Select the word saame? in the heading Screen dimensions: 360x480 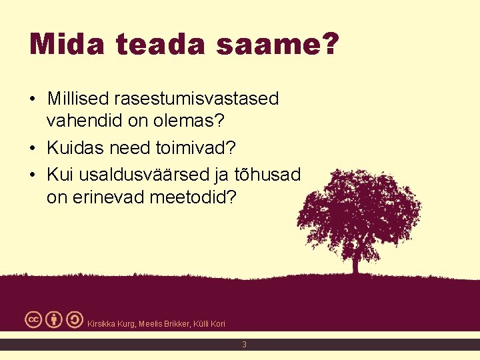[293, 45]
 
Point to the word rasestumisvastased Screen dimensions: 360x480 [197, 99]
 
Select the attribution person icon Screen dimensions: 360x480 [55, 320]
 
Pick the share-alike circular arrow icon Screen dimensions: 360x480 [75, 320]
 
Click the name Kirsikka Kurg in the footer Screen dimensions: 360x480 [111, 324]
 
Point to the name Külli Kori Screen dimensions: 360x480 [209, 324]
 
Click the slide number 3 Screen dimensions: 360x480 [244, 345]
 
